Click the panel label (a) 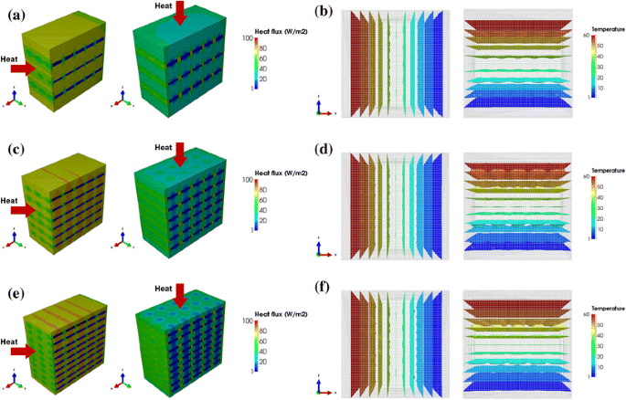pos(16,13)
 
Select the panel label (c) pos(16,148)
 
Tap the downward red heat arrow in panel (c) pos(181,156)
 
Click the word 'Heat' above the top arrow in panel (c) pos(164,147)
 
